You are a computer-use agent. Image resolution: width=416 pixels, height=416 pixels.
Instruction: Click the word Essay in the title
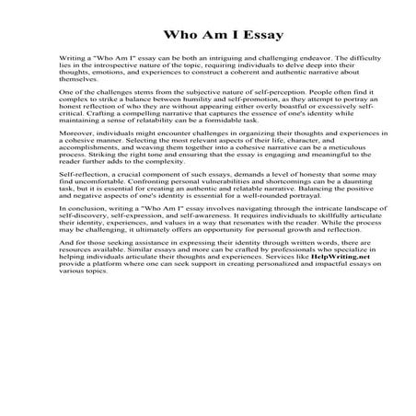click(x=236, y=37)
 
